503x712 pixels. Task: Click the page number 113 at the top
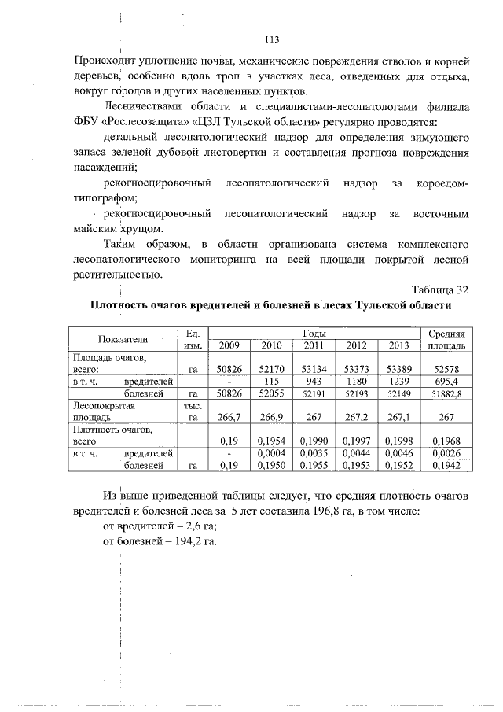coord(273,40)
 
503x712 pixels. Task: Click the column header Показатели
coord(123,339)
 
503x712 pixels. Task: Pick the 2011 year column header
coord(313,345)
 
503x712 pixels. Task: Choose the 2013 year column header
coord(398,345)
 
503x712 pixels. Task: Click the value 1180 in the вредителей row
coord(355,380)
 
